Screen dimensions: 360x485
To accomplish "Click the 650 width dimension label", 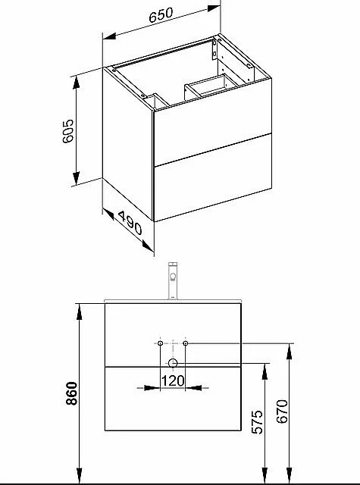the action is click(x=161, y=15).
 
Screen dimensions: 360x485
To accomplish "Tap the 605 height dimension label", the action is click(x=68, y=131).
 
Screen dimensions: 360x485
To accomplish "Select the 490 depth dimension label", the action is click(x=130, y=223).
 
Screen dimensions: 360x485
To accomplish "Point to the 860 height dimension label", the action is click(x=72, y=393).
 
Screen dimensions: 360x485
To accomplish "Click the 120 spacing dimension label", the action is click(x=173, y=380).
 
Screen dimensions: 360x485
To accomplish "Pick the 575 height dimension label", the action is click(x=257, y=422).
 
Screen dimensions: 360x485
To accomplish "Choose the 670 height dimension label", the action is click(x=282, y=411).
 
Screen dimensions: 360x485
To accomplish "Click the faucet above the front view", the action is click(x=173, y=281).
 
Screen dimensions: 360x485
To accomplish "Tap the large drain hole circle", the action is click(x=173, y=364).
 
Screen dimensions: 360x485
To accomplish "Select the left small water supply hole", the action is click(x=160, y=343).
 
